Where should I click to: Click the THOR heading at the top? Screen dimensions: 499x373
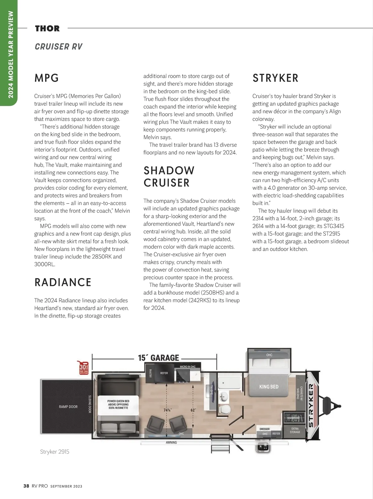click(x=47, y=29)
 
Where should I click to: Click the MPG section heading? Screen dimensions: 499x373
click(x=47, y=78)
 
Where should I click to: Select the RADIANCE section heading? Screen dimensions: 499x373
click(x=63, y=282)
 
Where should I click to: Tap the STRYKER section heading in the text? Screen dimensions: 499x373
click(x=275, y=78)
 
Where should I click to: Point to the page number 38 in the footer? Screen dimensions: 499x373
click(x=26, y=486)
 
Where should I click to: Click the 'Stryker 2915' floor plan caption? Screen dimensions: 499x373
click(x=55, y=452)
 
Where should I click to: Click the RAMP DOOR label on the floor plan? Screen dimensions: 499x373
click(x=68, y=407)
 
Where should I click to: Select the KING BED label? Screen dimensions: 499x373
click(x=269, y=387)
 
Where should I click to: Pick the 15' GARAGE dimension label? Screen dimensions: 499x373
click(x=159, y=358)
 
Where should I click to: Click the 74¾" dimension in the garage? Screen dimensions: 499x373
click(x=167, y=410)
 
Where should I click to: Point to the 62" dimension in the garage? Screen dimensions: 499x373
click(x=193, y=410)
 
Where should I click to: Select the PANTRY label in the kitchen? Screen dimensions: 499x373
click(x=150, y=373)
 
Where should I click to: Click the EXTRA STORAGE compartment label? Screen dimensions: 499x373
click(x=295, y=430)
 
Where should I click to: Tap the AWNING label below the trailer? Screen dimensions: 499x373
click(x=171, y=442)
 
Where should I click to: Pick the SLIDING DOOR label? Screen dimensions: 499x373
click(x=90, y=404)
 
